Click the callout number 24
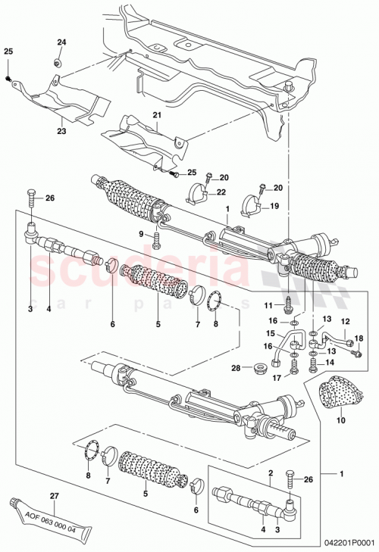coord(62,42)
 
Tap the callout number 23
coord(60,131)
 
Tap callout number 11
coord(268,304)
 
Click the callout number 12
coord(343,323)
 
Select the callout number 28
coord(236,368)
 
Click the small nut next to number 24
coord(58,61)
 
